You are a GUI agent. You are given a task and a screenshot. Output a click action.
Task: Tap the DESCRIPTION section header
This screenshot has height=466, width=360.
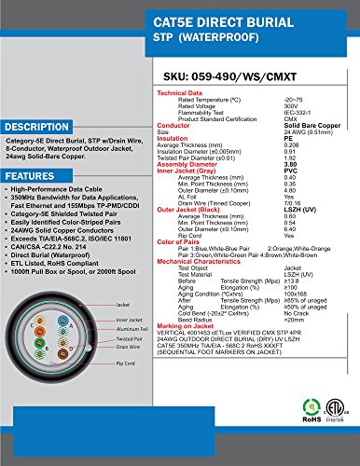click(x=39, y=126)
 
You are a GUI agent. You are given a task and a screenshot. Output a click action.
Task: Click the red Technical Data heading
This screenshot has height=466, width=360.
click(x=184, y=94)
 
